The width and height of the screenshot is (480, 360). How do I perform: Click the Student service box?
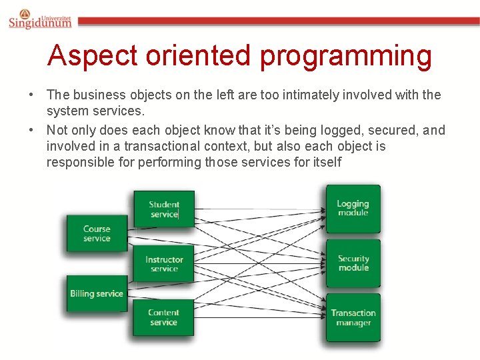click(x=164, y=209)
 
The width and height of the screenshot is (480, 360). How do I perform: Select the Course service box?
click(x=97, y=233)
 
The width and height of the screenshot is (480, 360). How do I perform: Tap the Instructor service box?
click(x=164, y=264)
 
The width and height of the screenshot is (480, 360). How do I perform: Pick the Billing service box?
click(x=97, y=293)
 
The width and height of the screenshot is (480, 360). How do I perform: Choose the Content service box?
click(x=164, y=317)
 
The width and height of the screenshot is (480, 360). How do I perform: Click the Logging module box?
click(x=353, y=208)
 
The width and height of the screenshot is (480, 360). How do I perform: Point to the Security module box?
click(x=353, y=263)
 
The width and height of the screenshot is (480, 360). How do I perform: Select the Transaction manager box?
click(x=353, y=317)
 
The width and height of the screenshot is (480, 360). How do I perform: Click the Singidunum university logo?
click(x=40, y=19)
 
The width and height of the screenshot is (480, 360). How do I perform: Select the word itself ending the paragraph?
click(x=326, y=162)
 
